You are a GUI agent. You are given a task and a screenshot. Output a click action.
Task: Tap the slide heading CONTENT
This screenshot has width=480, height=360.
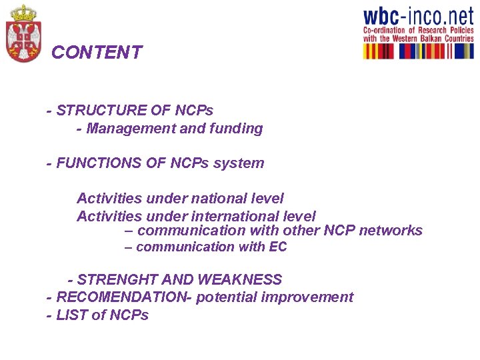[97, 53]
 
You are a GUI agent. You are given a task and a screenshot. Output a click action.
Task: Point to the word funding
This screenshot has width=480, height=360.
[236, 129]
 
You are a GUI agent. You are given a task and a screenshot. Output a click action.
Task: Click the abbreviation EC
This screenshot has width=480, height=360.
[278, 247]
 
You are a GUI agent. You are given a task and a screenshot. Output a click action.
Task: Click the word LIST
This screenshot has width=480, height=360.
[72, 315]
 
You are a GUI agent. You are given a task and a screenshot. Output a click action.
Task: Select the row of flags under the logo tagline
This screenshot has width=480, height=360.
[417, 51]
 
